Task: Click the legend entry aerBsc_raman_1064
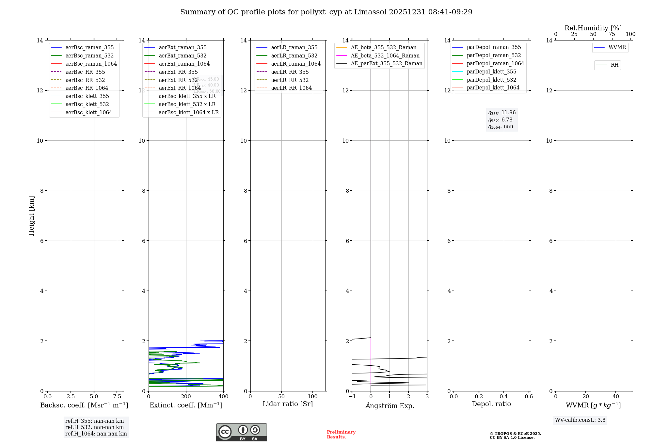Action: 91,64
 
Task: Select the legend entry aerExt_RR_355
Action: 178,72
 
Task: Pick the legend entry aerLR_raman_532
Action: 294,55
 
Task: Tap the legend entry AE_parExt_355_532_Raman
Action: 387,63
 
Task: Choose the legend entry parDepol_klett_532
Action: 491,80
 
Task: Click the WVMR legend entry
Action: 617,47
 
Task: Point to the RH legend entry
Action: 614,65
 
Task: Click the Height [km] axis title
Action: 31,215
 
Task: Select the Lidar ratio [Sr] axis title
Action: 288,404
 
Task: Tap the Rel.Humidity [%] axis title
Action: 593,28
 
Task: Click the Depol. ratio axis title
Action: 491,404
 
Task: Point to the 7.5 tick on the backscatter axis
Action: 117,396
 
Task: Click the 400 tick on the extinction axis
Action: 223,396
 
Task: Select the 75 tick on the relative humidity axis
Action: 612,34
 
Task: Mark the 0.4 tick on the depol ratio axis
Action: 504,396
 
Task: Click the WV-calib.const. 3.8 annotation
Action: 580,420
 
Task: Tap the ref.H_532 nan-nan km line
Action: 94,427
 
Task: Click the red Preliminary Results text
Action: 341,435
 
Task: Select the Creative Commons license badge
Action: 241,432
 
